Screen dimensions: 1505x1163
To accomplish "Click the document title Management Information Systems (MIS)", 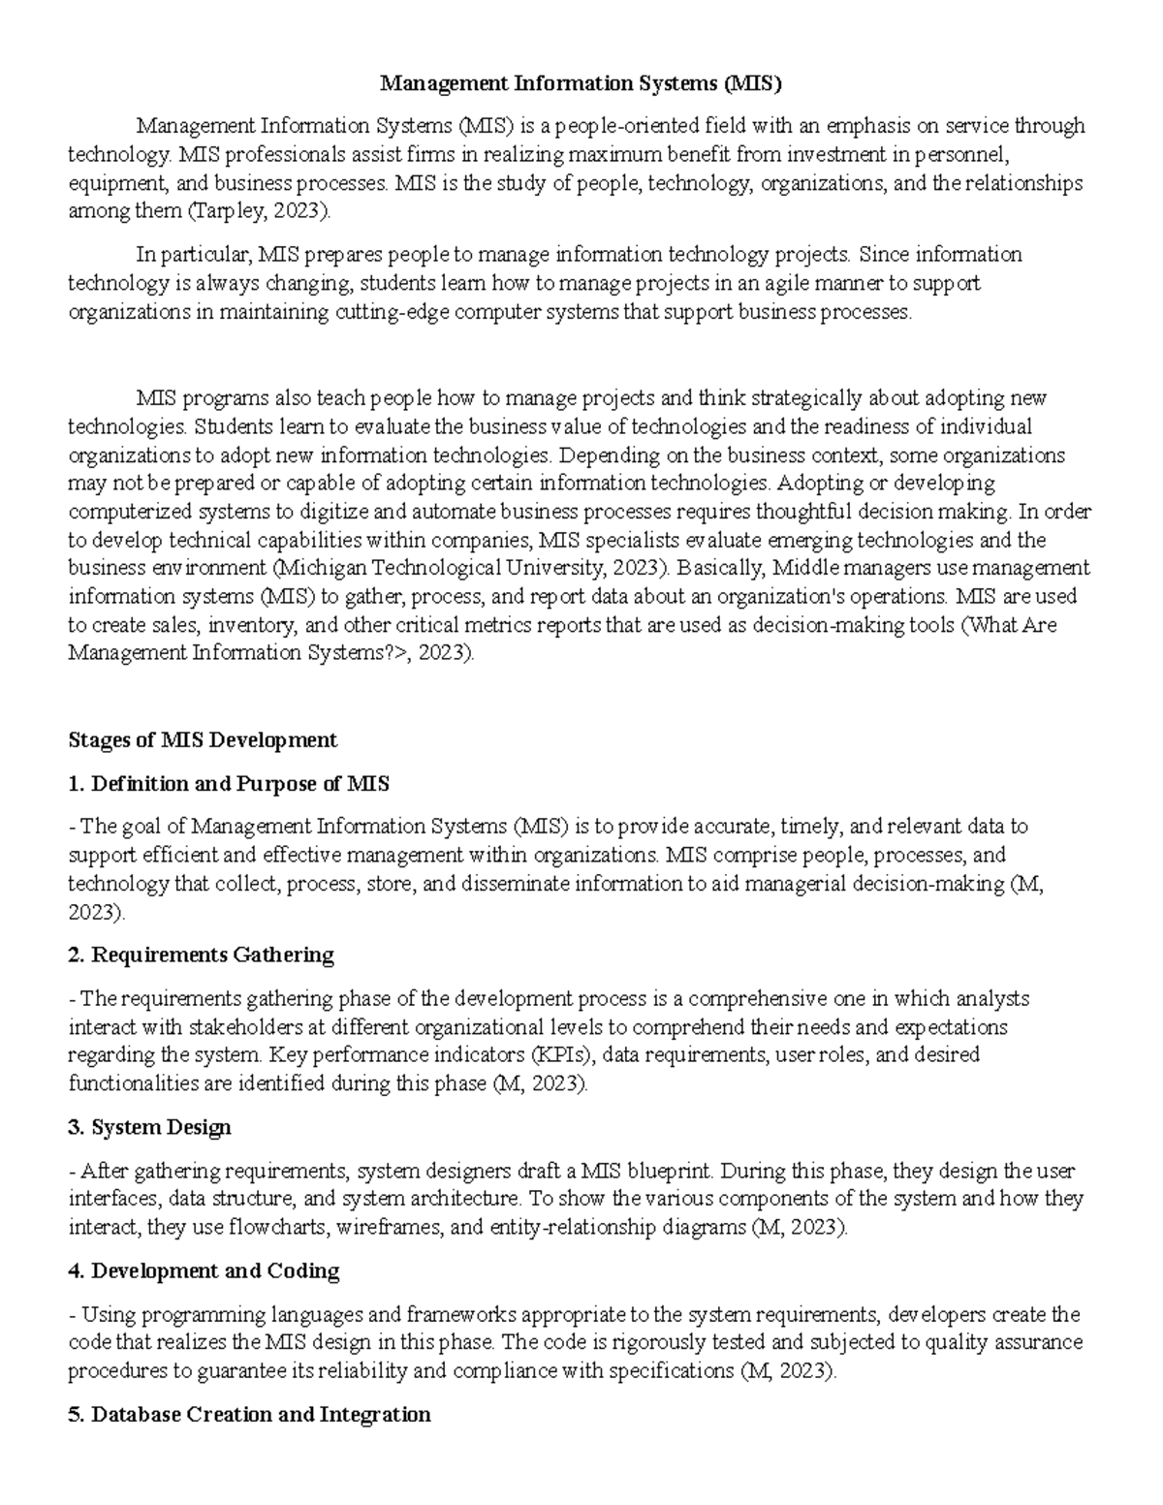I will [580, 83].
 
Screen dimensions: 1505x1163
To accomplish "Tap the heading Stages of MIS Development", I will [203, 740].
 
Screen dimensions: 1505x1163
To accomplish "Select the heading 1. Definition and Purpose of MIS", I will [229, 784].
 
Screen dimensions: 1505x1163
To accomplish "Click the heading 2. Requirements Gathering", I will [202, 956].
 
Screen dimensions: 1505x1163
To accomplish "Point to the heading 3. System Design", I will [150, 1128].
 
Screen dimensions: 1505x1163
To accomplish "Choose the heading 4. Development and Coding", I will [204, 1271].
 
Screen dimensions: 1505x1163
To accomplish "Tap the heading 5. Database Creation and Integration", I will [249, 1415].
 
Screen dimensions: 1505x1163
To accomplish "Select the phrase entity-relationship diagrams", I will [601, 1228].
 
